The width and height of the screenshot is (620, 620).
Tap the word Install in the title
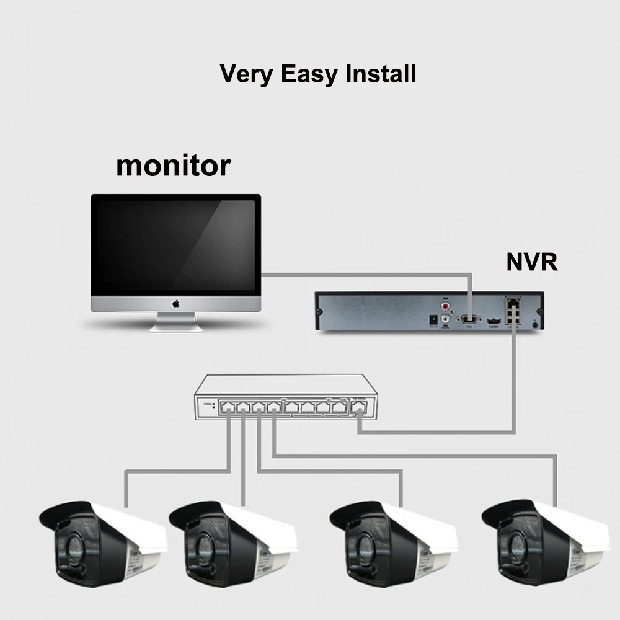click(x=381, y=74)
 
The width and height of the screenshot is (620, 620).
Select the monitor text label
click(x=173, y=166)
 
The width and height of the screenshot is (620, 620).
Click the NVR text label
click(x=532, y=262)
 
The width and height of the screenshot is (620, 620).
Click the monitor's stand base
click(x=176, y=327)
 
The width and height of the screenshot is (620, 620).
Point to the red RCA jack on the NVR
click(x=445, y=305)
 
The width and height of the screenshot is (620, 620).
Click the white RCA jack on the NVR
click(x=445, y=319)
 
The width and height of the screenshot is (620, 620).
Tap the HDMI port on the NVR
click(x=494, y=321)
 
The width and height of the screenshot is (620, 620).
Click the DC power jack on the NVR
click(x=433, y=319)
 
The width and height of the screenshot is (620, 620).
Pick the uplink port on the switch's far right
click(x=358, y=408)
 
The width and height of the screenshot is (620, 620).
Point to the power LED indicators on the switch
click(x=214, y=406)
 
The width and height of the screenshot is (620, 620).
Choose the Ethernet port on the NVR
click(x=513, y=304)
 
